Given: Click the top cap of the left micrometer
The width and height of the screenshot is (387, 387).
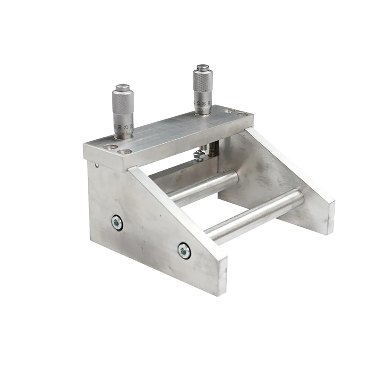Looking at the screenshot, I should point(123,87).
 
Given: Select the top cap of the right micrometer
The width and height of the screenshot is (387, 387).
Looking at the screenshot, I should point(203,67).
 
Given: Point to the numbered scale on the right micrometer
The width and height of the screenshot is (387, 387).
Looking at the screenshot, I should point(203,104).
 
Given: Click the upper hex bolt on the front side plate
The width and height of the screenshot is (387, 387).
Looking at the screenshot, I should point(117,223).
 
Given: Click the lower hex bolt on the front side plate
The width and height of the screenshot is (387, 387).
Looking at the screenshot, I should point(184,251).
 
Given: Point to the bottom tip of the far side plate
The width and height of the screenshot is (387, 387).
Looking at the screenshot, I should point(329,232).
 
